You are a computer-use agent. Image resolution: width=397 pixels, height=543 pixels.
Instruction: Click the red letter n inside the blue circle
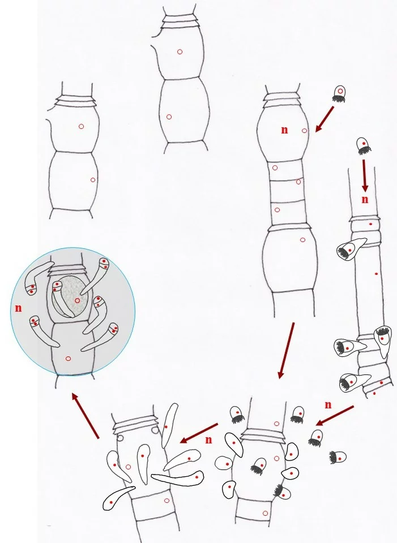pyautogui.click(x=18, y=308)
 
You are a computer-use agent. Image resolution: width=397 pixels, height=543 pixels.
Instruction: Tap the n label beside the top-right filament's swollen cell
pyautogui.click(x=284, y=130)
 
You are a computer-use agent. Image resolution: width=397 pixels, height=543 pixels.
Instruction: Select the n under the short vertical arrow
pyautogui.click(x=365, y=200)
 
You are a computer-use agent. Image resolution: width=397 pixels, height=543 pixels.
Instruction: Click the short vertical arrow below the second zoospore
pyautogui.click(x=364, y=175)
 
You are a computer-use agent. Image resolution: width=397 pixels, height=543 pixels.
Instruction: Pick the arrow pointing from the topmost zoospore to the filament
pyautogui.click(x=325, y=119)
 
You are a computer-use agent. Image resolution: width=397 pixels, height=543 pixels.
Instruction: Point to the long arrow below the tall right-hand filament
pyautogui.click(x=287, y=351)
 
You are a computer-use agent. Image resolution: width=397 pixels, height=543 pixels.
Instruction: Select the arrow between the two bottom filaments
pyautogui.click(x=199, y=433)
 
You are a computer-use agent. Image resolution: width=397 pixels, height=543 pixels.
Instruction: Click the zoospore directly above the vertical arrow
pyautogui.click(x=364, y=146)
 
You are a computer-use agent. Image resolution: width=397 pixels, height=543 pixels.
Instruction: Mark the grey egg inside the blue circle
pyautogui.click(x=73, y=297)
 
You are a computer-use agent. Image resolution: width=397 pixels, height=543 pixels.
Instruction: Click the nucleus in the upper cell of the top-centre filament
pyautogui.click(x=180, y=52)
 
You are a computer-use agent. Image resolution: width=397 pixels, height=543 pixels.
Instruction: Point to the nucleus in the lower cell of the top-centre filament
pyautogui.click(x=169, y=117)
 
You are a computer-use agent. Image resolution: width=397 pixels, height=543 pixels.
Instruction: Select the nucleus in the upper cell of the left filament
pyautogui.click(x=81, y=126)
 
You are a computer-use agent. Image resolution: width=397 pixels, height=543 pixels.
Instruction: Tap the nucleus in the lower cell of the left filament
pyautogui.click(x=92, y=180)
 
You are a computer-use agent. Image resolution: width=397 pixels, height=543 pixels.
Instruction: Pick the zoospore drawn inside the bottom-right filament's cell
pyautogui.click(x=259, y=466)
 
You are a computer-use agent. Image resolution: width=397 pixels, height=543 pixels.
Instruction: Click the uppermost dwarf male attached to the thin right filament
pyautogui.click(x=350, y=249)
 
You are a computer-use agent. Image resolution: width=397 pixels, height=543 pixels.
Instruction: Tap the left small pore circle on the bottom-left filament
pyautogui.click(x=120, y=438)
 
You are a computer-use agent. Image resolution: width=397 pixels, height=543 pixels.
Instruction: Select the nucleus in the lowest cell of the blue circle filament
pyautogui.click(x=68, y=359)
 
